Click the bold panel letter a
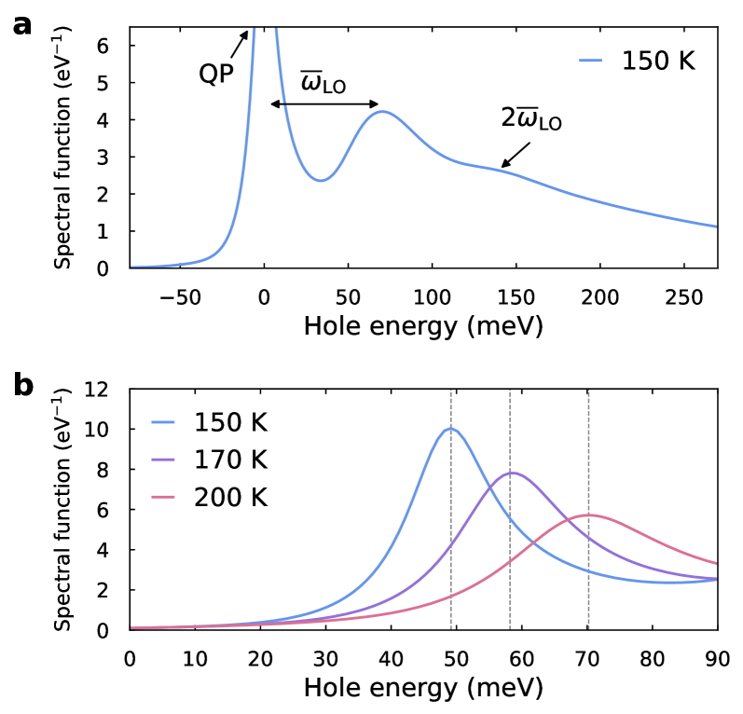(21, 25)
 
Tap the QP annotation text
(215, 74)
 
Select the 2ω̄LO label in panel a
(532, 120)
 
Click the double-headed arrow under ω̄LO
(324, 103)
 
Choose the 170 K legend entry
(229, 460)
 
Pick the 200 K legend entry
(229, 497)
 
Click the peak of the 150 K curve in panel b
(451, 429)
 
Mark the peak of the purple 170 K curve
(511, 473)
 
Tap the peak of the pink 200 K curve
(588, 515)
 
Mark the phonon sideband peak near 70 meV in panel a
(382, 112)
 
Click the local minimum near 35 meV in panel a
(320, 180)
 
